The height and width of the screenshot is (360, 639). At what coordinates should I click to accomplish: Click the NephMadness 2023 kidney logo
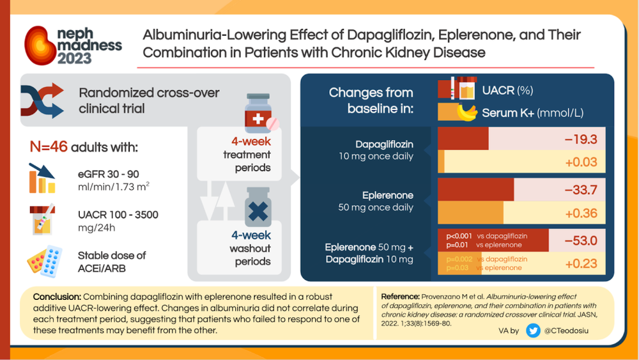pyautogui.click(x=42, y=45)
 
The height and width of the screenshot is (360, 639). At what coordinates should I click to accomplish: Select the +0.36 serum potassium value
pyautogui.click(x=581, y=213)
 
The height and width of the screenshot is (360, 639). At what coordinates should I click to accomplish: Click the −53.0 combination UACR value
pyautogui.click(x=580, y=240)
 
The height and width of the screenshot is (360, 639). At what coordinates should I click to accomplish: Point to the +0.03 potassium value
pyautogui.click(x=581, y=162)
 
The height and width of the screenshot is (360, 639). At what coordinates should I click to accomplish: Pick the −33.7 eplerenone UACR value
pyautogui.click(x=580, y=190)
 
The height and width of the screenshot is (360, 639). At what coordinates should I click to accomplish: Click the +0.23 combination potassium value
pyautogui.click(x=581, y=263)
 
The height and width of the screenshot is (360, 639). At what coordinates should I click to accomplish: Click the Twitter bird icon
pyautogui.click(x=532, y=331)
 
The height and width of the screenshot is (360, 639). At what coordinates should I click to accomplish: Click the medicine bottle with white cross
pyautogui.click(x=258, y=114)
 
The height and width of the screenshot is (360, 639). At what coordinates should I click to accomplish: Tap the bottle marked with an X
pyautogui.click(x=258, y=208)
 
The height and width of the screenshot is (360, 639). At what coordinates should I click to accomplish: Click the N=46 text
pyautogui.click(x=49, y=148)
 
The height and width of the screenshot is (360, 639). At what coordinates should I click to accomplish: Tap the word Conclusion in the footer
pyautogui.click(x=57, y=297)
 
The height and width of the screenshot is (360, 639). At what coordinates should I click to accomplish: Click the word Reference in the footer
pyautogui.click(x=399, y=297)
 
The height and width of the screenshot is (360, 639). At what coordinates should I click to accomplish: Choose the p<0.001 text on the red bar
pyautogui.click(x=460, y=236)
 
